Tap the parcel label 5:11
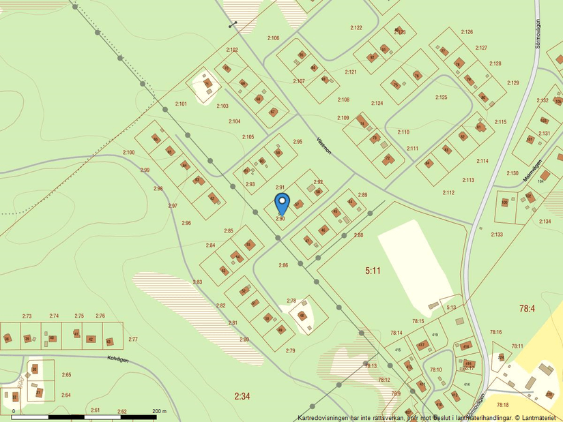click(x=372, y=271)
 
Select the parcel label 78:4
click(x=527, y=308)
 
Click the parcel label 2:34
click(x=242, y=396)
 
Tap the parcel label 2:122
click(x=356, y=28)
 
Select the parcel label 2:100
click(x=129, y=152)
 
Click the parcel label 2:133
click(x=496, y=235)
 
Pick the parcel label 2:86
click(x=283, y=265)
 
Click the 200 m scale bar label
click(x=158, y=411)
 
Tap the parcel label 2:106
click(x=273, y=37)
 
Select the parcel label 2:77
click(x=133, y=339)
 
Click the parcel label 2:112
click(x=448, y=193)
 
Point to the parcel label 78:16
click(x=495, y=332)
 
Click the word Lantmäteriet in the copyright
click(x=539, y=417)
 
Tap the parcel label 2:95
click(x=298, y=141)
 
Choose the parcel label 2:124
click(x=377, y=103)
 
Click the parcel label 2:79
click(x=290, y=350)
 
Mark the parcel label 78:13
click(x=371, y=366)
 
